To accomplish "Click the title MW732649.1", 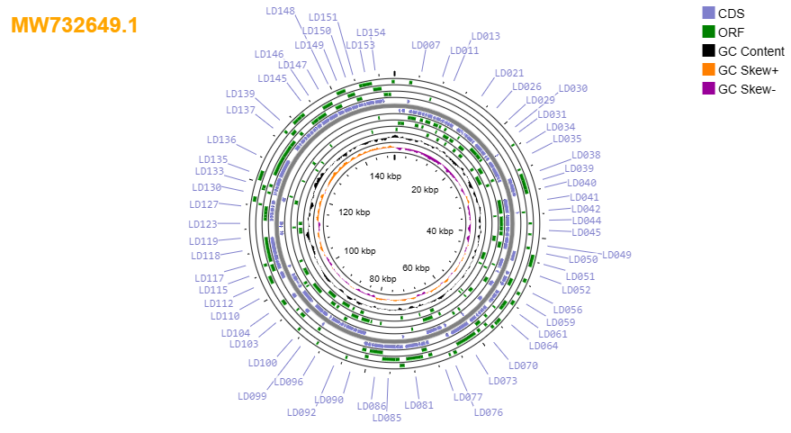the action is (74, 25).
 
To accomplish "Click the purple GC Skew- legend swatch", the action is (709, 89).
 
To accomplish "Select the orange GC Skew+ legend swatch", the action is (709, 69).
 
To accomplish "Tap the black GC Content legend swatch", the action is (709, 51).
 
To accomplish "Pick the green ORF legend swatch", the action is (709, 32).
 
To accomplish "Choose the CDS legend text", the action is (731, 14).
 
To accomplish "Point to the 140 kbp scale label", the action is (385, 176).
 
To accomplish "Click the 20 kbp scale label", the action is (425, 190).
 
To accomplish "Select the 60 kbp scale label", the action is (416, 268).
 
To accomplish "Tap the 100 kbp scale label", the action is (360, 251).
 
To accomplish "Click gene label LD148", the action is (280, 11).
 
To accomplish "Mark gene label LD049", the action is (616, 255).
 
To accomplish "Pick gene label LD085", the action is (387, 418).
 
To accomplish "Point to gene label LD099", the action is (252, 396).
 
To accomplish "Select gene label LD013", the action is (485, 36).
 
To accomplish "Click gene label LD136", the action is (221, 140).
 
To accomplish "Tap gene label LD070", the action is (523, 365).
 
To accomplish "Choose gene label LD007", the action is (426, 45).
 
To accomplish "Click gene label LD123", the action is (202, 224).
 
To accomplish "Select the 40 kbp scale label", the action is (440, 231).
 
